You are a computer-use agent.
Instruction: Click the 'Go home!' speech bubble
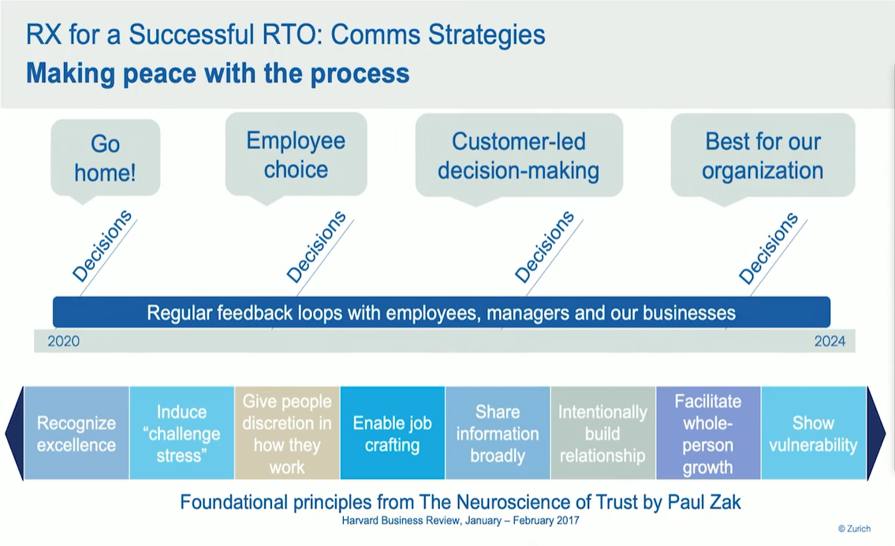[105, 158]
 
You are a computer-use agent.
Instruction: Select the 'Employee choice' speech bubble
[296, 154]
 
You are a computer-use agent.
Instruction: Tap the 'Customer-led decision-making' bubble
[518, 155]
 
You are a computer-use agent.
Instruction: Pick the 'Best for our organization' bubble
[763, 155]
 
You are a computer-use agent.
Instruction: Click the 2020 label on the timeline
[63, 341]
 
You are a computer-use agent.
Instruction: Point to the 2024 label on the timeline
[830, 341]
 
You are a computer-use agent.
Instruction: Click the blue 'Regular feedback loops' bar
[441, 313]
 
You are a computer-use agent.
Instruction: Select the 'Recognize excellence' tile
[76, 433]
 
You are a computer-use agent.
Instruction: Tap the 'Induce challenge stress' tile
[181, 433]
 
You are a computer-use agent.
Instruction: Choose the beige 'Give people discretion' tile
[287, 433]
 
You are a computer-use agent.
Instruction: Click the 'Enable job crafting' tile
[392, 433]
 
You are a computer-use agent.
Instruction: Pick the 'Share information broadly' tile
[498, 433]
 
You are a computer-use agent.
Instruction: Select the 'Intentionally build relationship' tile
[602, 433]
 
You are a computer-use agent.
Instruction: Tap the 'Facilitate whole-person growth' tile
[707, 433]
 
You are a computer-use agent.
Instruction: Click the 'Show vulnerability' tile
[813, 433]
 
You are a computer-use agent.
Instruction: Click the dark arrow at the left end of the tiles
[14, 433]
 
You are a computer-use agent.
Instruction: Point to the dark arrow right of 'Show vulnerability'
[876, 433]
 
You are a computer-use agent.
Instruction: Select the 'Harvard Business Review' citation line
[461, 521]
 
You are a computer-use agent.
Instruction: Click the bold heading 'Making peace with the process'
[218, 73]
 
